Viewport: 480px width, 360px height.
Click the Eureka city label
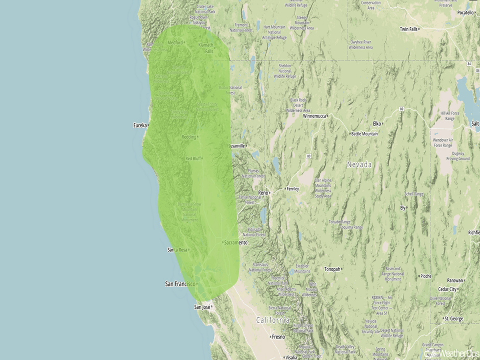tap(139, 125)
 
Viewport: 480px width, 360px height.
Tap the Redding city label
tap(188, 137)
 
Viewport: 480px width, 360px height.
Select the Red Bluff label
tap(193, 158)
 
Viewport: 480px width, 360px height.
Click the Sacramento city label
tap(236, 242)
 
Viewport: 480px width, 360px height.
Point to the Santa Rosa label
tap(177, 250)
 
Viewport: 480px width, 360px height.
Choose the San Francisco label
tap(180, 283)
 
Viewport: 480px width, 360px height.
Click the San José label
tap(202, 307)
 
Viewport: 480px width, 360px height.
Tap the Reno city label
tap(263, 193)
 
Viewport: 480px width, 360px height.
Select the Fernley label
tap(292, 189)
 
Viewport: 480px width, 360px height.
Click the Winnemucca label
tap(317, 116)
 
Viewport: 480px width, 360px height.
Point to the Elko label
tap(377, 124)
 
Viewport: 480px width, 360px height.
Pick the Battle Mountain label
tap(365, 134)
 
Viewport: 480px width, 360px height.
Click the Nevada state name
tap(359, 164)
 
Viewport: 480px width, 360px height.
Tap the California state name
tap(272, 320)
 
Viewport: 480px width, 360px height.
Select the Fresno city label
tap(279, 337)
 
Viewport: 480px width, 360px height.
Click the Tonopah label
tap(332, 269)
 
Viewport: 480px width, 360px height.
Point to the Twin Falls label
tap(409, 29)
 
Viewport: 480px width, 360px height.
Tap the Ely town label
tap(403, 208)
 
